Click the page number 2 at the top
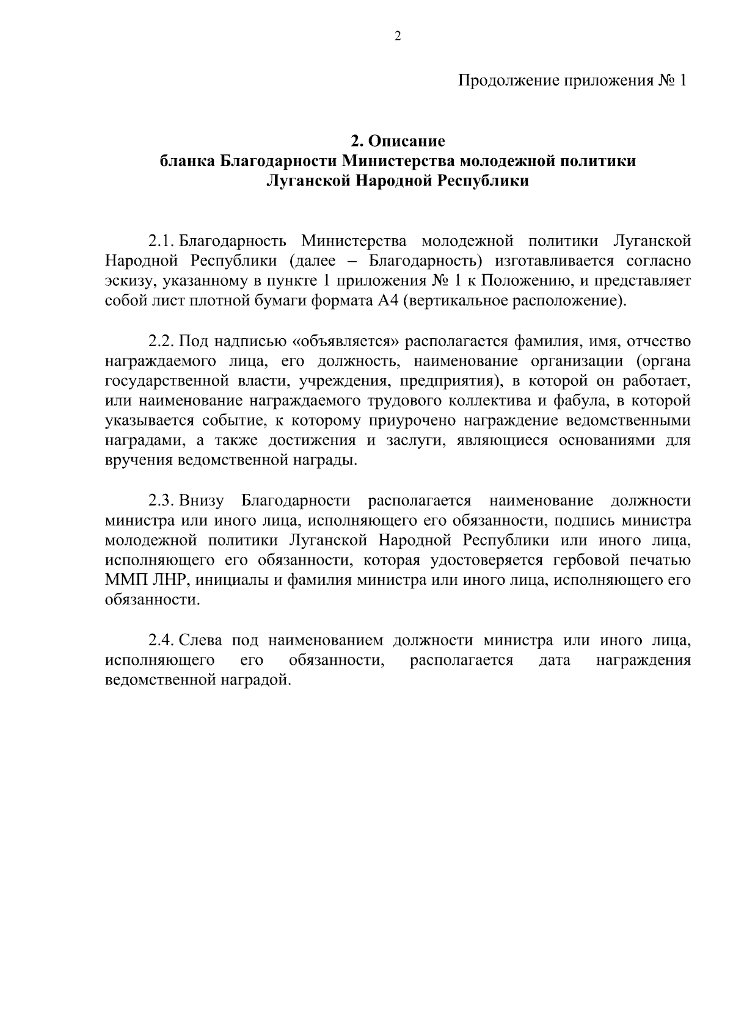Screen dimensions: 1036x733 [398, 36]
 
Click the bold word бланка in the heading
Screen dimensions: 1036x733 [187, 161]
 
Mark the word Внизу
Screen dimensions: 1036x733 [202, 501]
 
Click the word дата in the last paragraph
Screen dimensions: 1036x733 [554, 660]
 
